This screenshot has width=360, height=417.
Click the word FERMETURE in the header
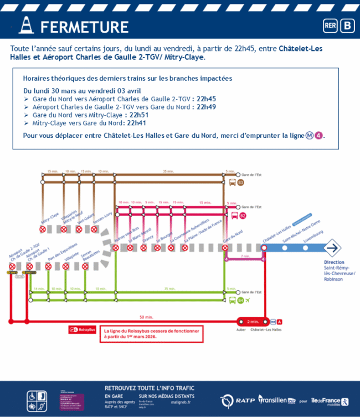click(85, 27)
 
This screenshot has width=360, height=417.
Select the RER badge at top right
click(330, 26)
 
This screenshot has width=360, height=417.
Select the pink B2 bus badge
click(242, 215)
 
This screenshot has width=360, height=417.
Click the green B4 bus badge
click(240, 301)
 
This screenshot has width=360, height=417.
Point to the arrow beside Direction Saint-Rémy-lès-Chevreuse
click(332, 248)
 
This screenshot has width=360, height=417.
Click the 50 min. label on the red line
click(146, 317)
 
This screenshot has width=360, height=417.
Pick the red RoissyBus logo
click(81, 330)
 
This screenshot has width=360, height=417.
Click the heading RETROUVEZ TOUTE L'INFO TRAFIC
click(149, 388)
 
